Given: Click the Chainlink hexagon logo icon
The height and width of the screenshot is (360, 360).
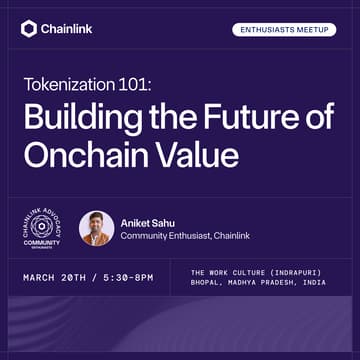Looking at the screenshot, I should coord(28,28).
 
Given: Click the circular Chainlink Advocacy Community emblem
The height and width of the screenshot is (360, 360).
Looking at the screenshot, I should coord(42,226).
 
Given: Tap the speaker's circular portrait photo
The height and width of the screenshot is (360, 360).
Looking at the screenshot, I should coord(96,227).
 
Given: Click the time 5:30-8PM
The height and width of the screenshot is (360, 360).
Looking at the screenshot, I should coord(124,276).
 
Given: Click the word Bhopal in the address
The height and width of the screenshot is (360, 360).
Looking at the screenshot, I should coord(207,283).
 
